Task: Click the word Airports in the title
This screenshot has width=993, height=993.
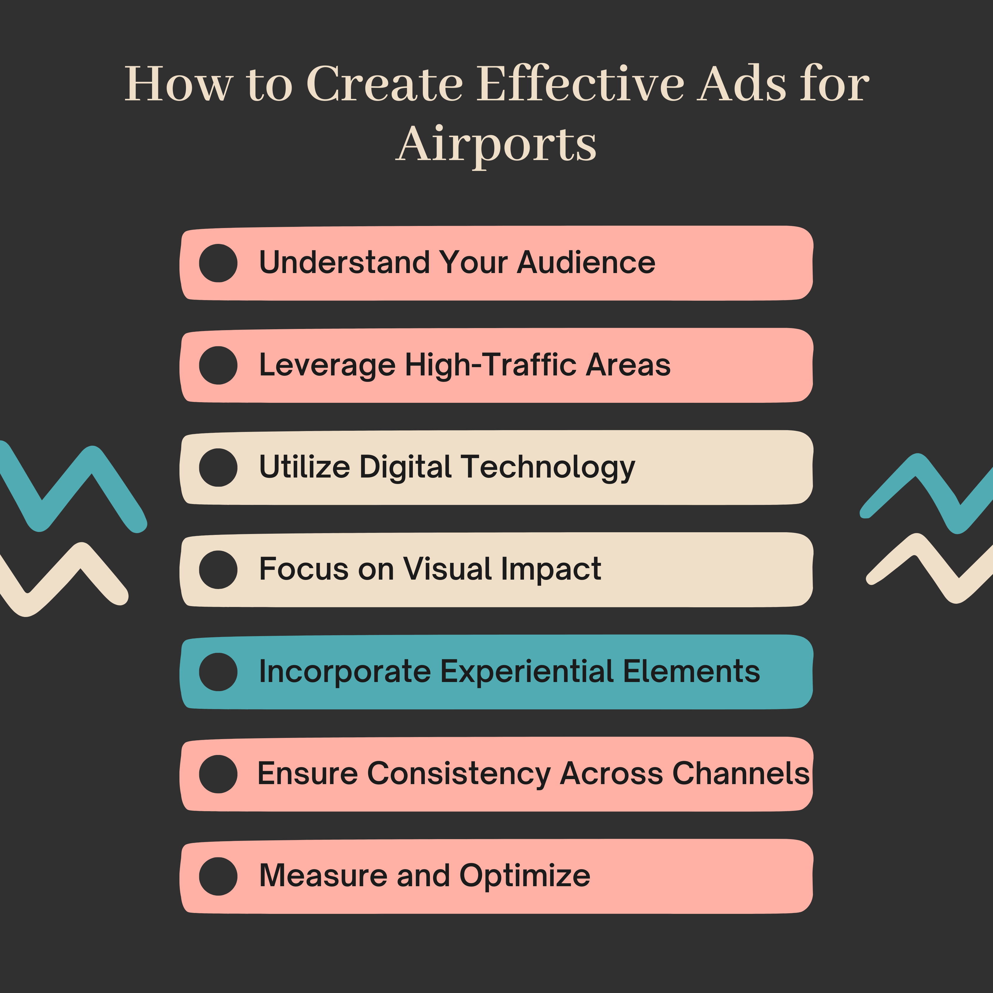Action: click(x=497, y=145)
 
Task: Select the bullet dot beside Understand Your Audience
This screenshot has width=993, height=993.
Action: click(x=218, y=263)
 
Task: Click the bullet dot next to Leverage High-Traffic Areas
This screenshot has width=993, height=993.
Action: click(x=218, y=365)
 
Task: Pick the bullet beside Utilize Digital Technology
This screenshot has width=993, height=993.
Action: click(x=218, y=468)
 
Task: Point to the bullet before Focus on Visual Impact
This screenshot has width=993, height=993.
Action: click(x=218, y=570)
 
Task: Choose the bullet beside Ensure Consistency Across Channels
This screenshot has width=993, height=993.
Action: click(x=218, y=774)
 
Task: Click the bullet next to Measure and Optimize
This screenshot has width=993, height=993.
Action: click(x=218, y=876)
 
